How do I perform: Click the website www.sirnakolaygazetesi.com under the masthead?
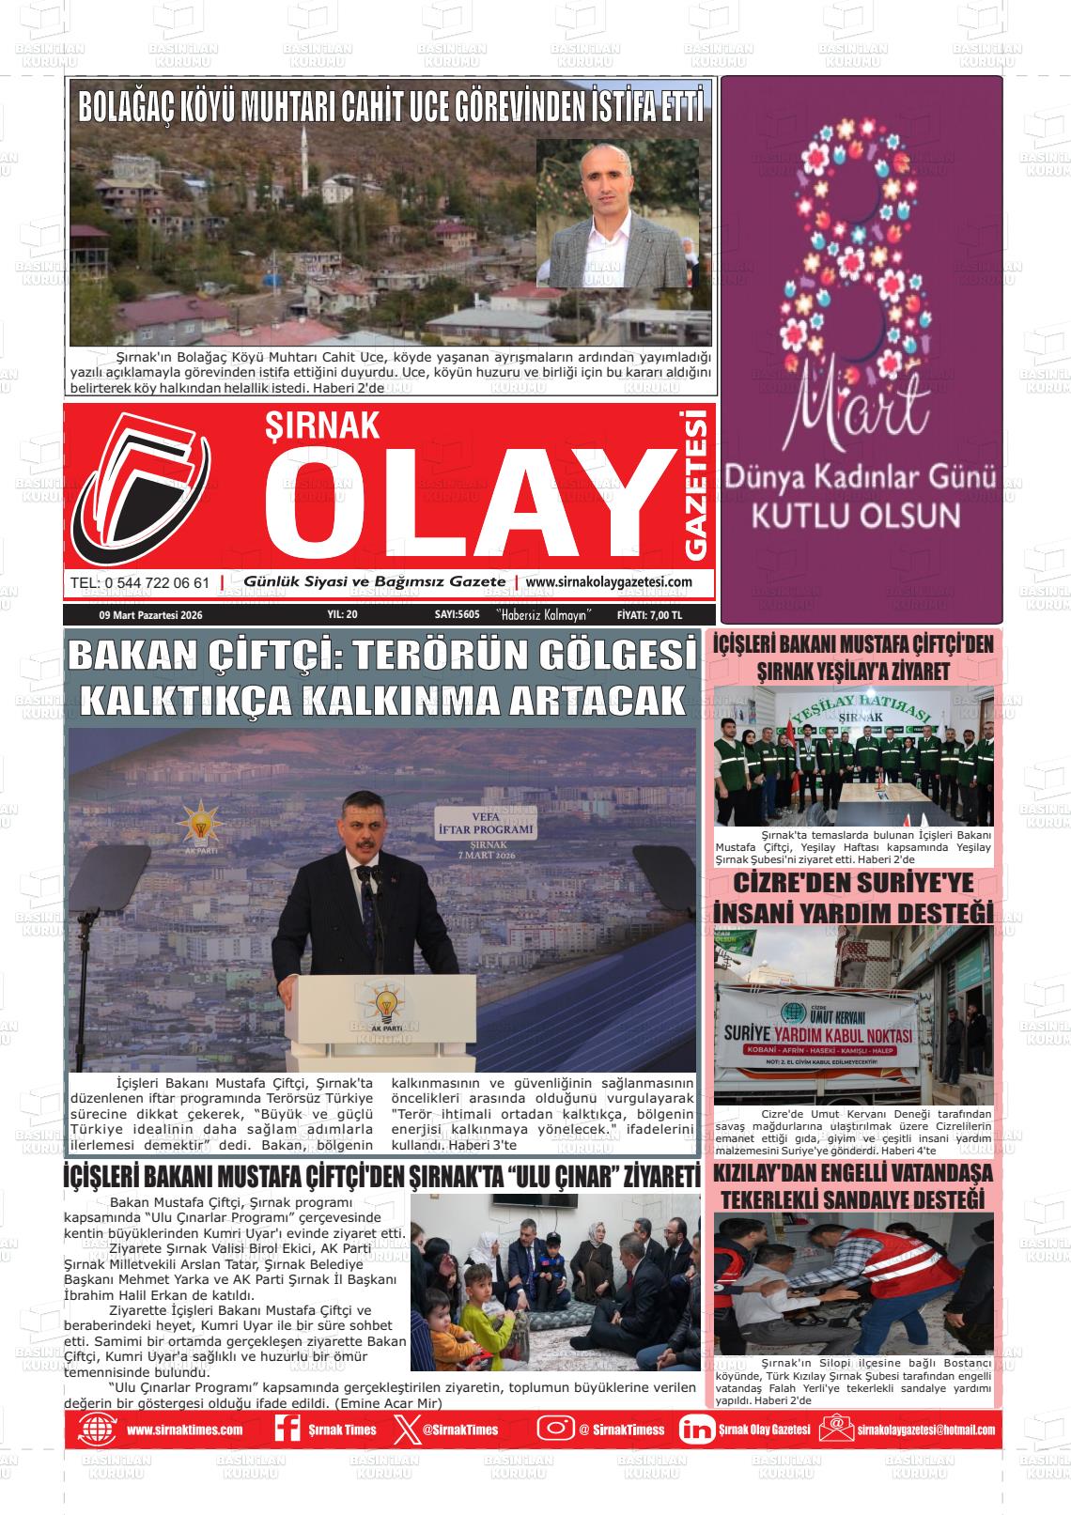(609, 582)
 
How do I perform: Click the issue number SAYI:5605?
(458, 615)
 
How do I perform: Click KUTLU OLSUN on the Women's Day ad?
(859, 516)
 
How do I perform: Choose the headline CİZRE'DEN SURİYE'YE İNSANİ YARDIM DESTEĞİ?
(853, 899)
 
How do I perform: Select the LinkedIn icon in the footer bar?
(696, 1430)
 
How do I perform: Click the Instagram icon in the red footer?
(555, 1429)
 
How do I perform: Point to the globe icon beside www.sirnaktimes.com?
(97, 1430)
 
